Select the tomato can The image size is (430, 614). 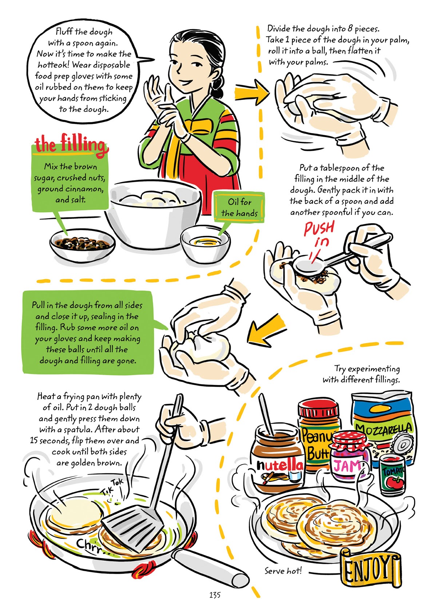(x=392, y=474)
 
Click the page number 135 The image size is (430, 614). (x=215, y=595)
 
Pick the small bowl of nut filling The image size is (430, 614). (x=82, y=245)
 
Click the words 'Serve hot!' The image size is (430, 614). (x=283, y=571)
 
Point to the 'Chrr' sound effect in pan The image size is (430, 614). (x=91, y=546)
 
